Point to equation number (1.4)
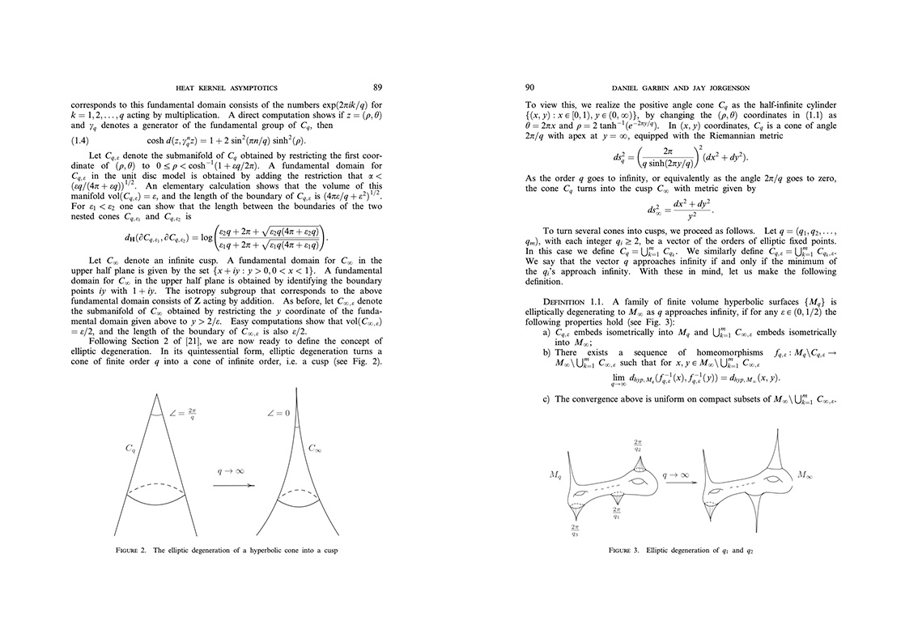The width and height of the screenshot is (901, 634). click(84, 140)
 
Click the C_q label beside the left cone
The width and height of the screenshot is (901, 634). click(130, 447)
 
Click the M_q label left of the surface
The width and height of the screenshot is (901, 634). click(555, 476)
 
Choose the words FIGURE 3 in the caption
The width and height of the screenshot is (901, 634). click(626, 550)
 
